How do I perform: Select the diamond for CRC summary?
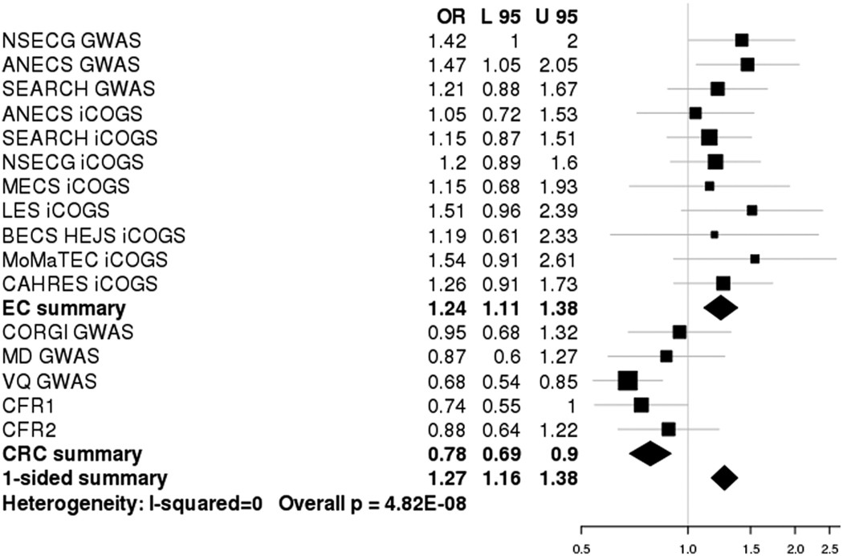coord(650,453)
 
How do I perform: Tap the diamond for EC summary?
coord(720,307)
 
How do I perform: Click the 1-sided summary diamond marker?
coord(724,478)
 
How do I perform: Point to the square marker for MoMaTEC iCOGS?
coord(755,259)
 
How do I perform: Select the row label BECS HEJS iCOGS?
coord(95,235)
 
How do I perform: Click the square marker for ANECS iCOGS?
coord(695,112)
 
